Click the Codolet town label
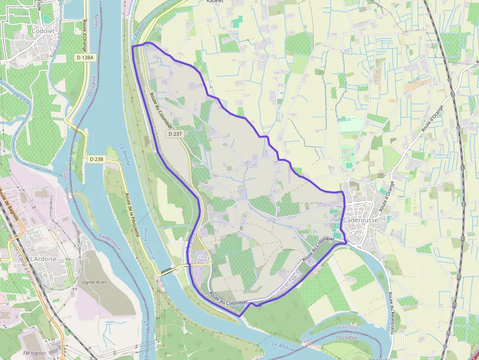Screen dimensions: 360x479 tap(43, 31)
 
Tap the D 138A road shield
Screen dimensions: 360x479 tap(85, 58)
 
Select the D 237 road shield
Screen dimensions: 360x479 tap(175, 134)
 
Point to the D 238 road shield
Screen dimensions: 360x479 tap(97, 159)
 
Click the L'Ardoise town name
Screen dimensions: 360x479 tap(44, 259)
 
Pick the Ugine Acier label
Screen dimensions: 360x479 tap(95, 282)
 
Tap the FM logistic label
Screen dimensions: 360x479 tap(35, 353)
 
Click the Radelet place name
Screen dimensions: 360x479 tap(215, 1)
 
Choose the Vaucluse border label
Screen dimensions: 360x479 tap(348, 327)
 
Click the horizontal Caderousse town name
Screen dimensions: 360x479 tap(360, 220)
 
